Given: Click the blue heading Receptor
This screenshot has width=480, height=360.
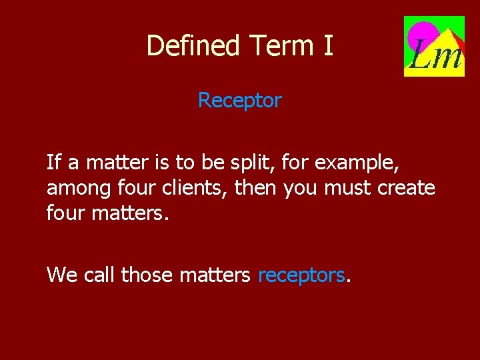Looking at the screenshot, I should coord(240,101).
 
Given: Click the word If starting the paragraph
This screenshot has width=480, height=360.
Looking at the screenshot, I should coord(53,162).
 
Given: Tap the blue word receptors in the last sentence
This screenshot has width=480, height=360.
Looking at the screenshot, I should coord(301,275).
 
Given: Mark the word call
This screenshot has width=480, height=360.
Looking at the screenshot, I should coord(100,274).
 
